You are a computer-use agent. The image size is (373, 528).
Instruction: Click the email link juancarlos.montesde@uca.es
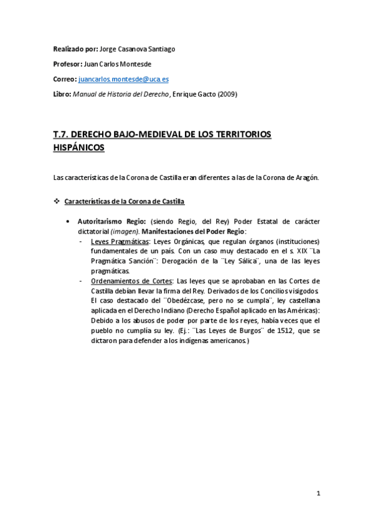123,80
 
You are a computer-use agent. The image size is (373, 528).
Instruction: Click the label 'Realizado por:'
73,49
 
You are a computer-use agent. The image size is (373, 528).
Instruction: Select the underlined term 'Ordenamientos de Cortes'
129,281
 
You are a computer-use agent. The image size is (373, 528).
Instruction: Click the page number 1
318,494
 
